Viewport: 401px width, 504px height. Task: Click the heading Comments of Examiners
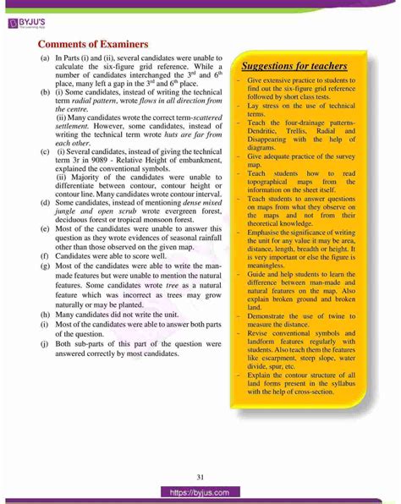point(93,44)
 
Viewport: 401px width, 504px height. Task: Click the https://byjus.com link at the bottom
point(200,490)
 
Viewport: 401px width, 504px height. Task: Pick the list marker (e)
point(43,230)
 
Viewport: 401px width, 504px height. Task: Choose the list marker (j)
point(43,345)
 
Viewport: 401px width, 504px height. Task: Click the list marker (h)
point(43,313)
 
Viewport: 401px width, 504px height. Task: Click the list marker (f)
point(43,254)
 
